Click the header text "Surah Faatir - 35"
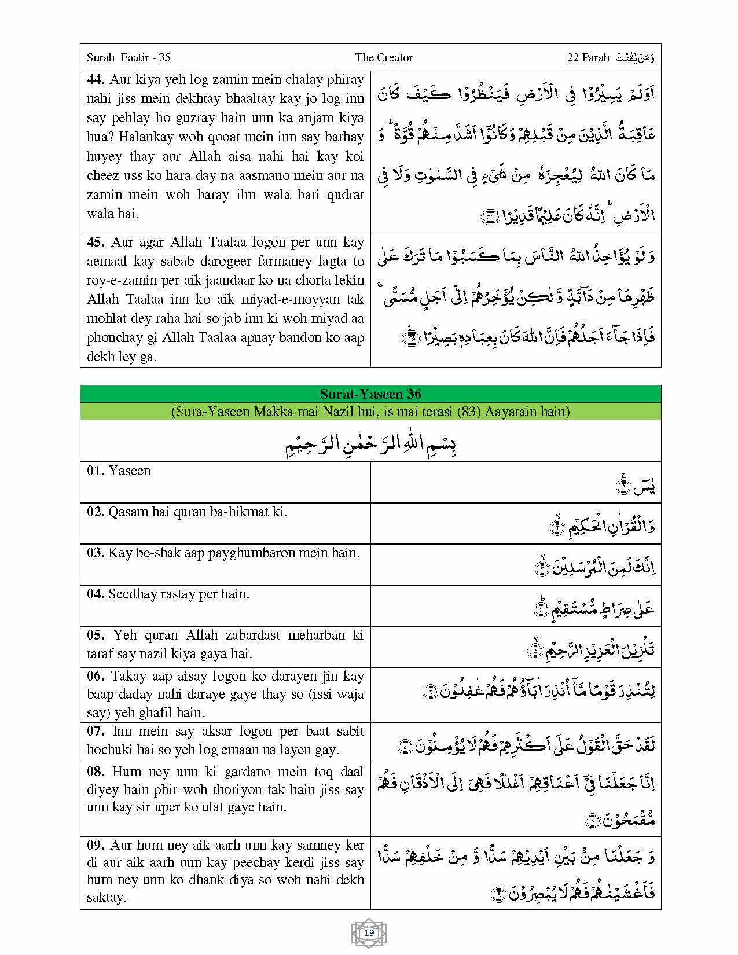(128, 57)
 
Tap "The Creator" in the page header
(384, 57)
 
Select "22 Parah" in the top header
(588, 57)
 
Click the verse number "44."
(96, 80)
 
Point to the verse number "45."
(96, 243)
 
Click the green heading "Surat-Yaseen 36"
(370, 394)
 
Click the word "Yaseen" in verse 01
(130, 471)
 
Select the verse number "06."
(96, 677)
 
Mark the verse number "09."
(96, 845)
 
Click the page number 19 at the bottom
(369, 933)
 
